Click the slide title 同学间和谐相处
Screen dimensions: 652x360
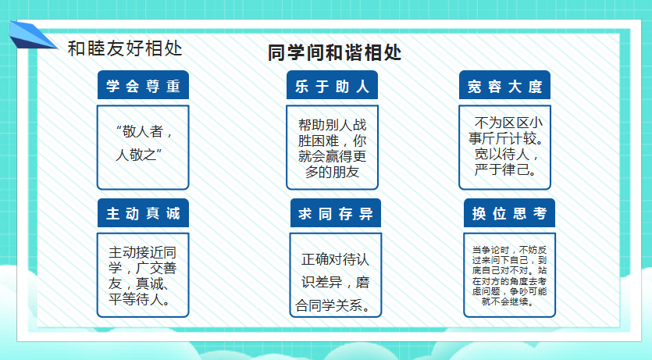point(335,53)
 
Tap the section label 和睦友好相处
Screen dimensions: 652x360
point(125,48)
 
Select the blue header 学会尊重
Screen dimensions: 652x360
point(143,85)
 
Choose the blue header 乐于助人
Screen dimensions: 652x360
point(332,85)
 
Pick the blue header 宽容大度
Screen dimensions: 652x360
point(504,85)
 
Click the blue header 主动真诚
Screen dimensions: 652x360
point(143,213)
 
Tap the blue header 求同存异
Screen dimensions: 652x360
point(336,213)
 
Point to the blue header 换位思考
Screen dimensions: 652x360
point(509,213)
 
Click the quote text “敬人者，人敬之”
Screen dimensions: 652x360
point(144,143)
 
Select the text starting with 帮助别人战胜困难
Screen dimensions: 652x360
point(332,148)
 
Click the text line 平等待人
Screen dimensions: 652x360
point(140,299)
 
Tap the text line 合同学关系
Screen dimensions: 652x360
point(333,305)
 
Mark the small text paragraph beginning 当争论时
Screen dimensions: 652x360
point(509,276)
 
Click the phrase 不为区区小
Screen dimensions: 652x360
point(508,123)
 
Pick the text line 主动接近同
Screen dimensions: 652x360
point(143,252)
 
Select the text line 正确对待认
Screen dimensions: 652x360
point(335,259)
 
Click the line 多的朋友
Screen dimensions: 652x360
point(332,172)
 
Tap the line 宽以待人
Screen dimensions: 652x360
point(507,154)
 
